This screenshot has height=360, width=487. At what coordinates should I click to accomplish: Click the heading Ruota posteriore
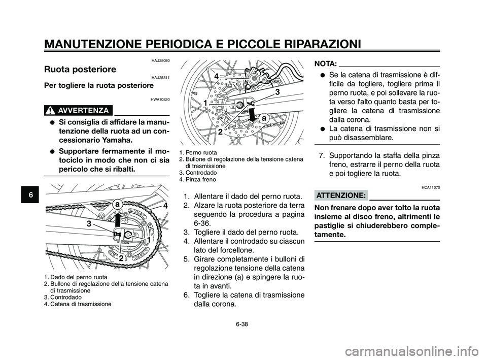coord(80,69)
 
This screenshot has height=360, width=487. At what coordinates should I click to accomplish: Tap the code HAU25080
coord(160,60)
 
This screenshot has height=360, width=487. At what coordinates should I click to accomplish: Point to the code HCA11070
coord(431,187)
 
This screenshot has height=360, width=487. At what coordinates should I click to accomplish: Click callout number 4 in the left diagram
coord(164,206)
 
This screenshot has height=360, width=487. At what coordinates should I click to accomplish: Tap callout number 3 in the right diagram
coord(277,92)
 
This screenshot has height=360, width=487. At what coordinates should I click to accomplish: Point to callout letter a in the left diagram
coord(117,202)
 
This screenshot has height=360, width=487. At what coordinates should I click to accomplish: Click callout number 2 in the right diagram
coord(221,131)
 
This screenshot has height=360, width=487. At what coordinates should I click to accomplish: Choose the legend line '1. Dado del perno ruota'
coord(75,277)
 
